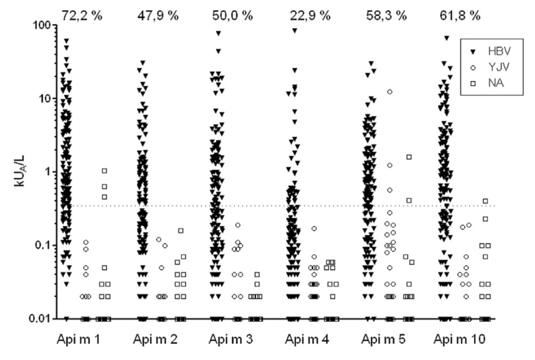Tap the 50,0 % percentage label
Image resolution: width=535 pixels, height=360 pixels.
coord(233,13)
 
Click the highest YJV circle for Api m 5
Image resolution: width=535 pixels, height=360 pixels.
coord(389,92)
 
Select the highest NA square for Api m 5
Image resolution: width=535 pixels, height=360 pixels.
coord(409,157)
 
